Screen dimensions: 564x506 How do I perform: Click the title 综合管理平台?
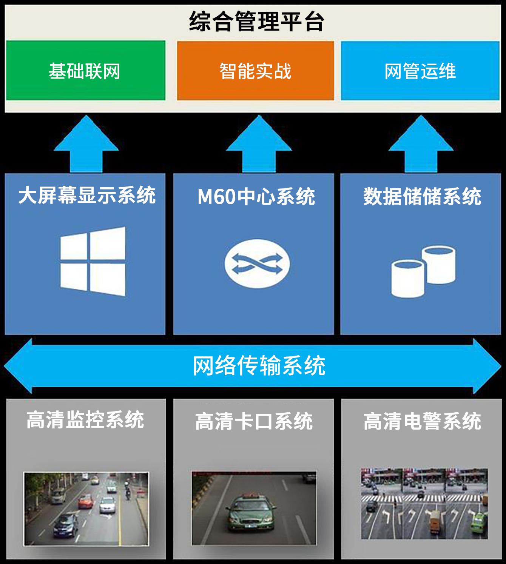coord(256,22)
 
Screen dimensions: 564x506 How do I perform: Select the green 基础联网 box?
coord(86,71)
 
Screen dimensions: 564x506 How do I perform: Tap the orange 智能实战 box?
coord(256,71)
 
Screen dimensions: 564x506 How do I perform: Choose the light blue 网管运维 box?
coord(420,71)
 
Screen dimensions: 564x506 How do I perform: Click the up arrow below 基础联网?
coord(86,145)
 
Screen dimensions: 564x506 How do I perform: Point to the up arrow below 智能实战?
coord(259,145)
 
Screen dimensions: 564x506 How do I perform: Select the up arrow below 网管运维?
coord(421,145)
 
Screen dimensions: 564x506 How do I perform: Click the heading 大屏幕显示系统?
coord(87,195)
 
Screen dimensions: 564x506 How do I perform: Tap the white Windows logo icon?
coord(93,261)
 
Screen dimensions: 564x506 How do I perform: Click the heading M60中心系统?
coord(256,197)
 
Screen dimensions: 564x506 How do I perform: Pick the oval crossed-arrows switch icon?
coord(257,264)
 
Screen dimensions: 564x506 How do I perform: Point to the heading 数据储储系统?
coord(422,197)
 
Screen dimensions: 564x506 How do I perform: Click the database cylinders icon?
coord(423,271)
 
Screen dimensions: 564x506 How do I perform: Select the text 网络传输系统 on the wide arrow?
coord(259,365)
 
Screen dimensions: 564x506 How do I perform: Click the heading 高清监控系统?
coord(85,420)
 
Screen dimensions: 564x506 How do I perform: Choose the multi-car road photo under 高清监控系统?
coord(86,509)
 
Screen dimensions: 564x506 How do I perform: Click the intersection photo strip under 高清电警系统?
coord(424,504)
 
